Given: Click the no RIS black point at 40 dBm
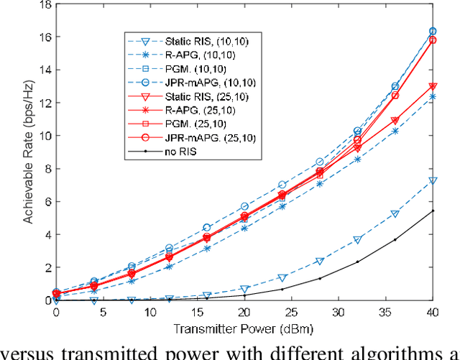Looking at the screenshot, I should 432,211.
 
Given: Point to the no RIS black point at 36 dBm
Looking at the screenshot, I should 395,240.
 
